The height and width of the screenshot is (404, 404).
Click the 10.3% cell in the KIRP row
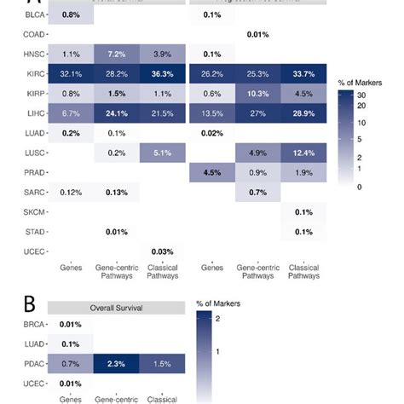pos(257,93)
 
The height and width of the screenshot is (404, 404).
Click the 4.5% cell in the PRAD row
pos(213,172)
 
